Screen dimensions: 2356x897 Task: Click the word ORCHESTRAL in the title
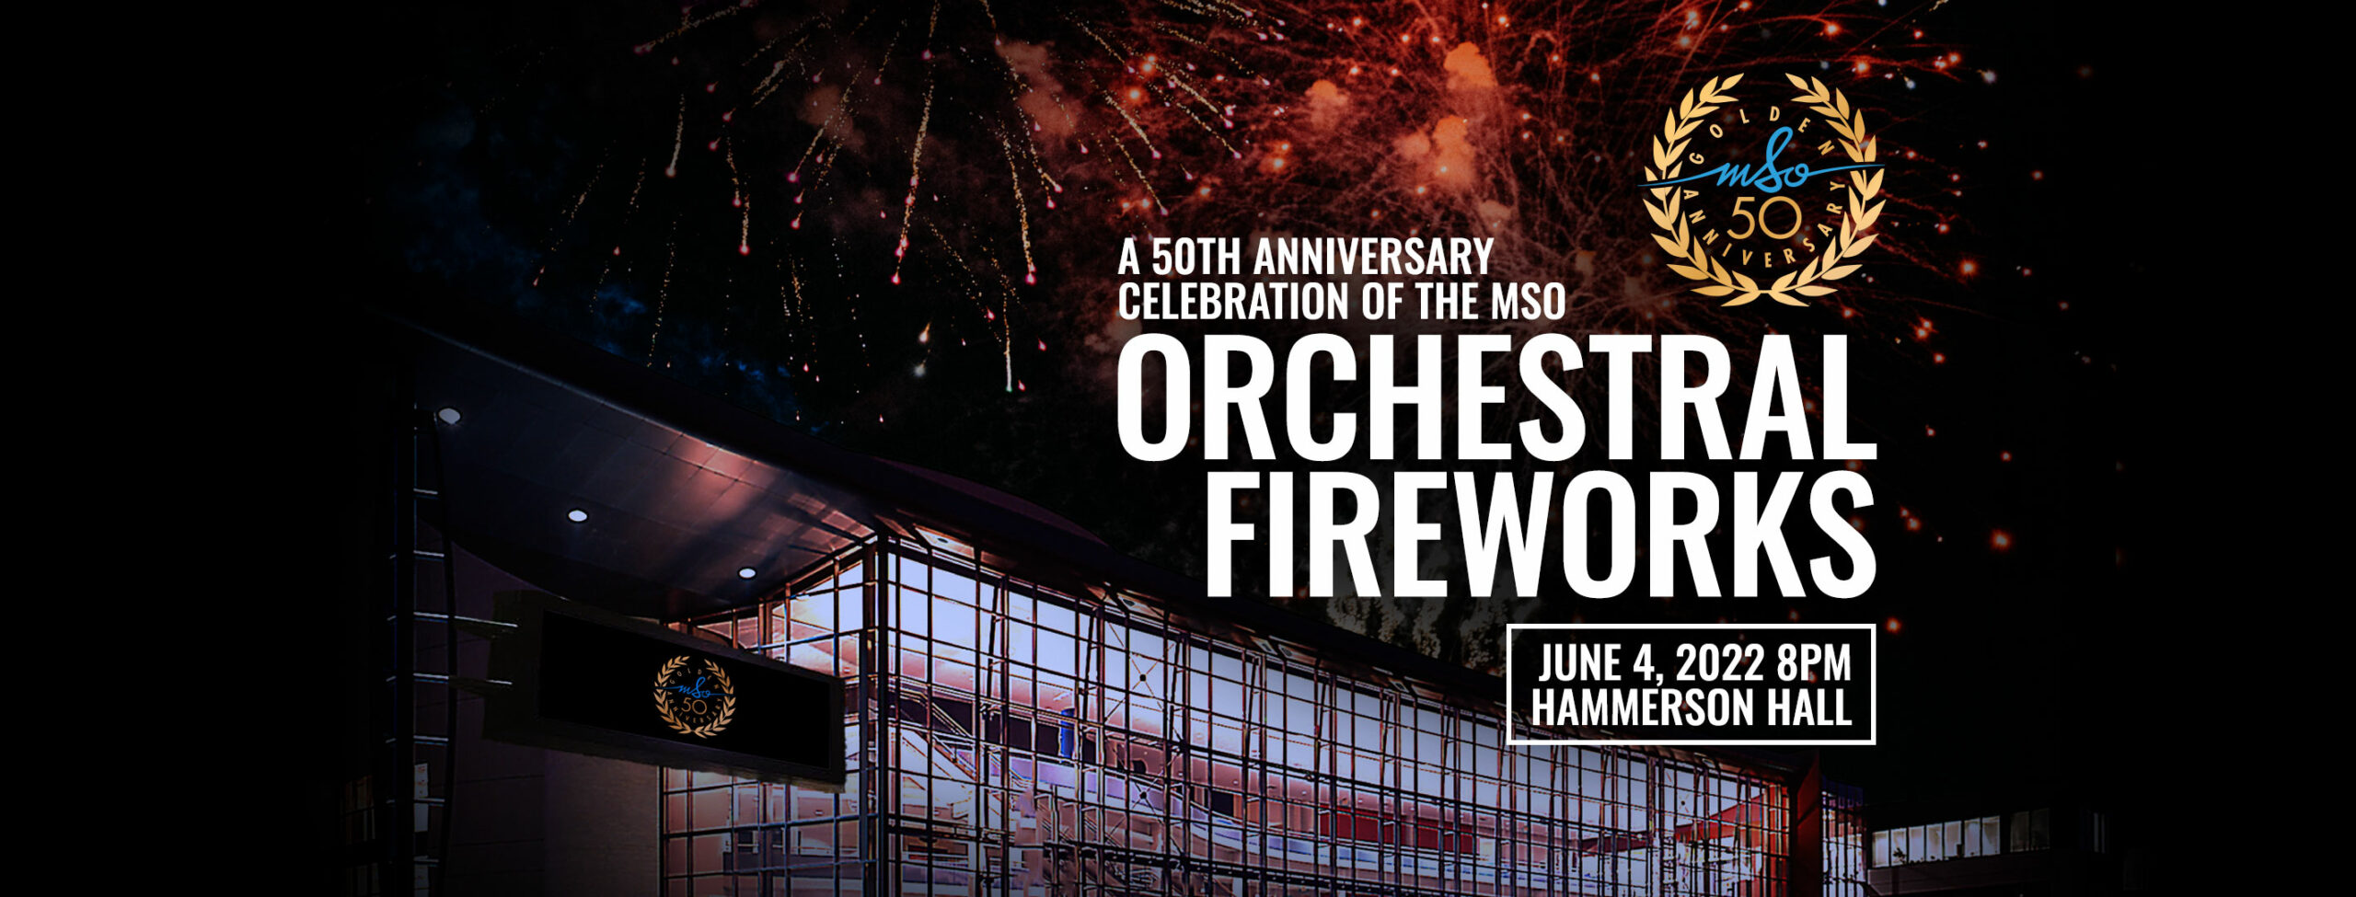tap(1496, 397)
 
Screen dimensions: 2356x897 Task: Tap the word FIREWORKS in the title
tap(1540, 535)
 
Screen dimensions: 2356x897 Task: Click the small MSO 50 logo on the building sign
tap(694, 696)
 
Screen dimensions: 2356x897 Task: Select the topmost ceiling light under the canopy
tap(448, 416)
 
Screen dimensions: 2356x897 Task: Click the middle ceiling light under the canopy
tap(577, 515)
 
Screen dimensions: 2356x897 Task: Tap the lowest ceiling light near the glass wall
tap(746, 572)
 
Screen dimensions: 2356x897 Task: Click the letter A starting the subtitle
tap(1128, 257)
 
